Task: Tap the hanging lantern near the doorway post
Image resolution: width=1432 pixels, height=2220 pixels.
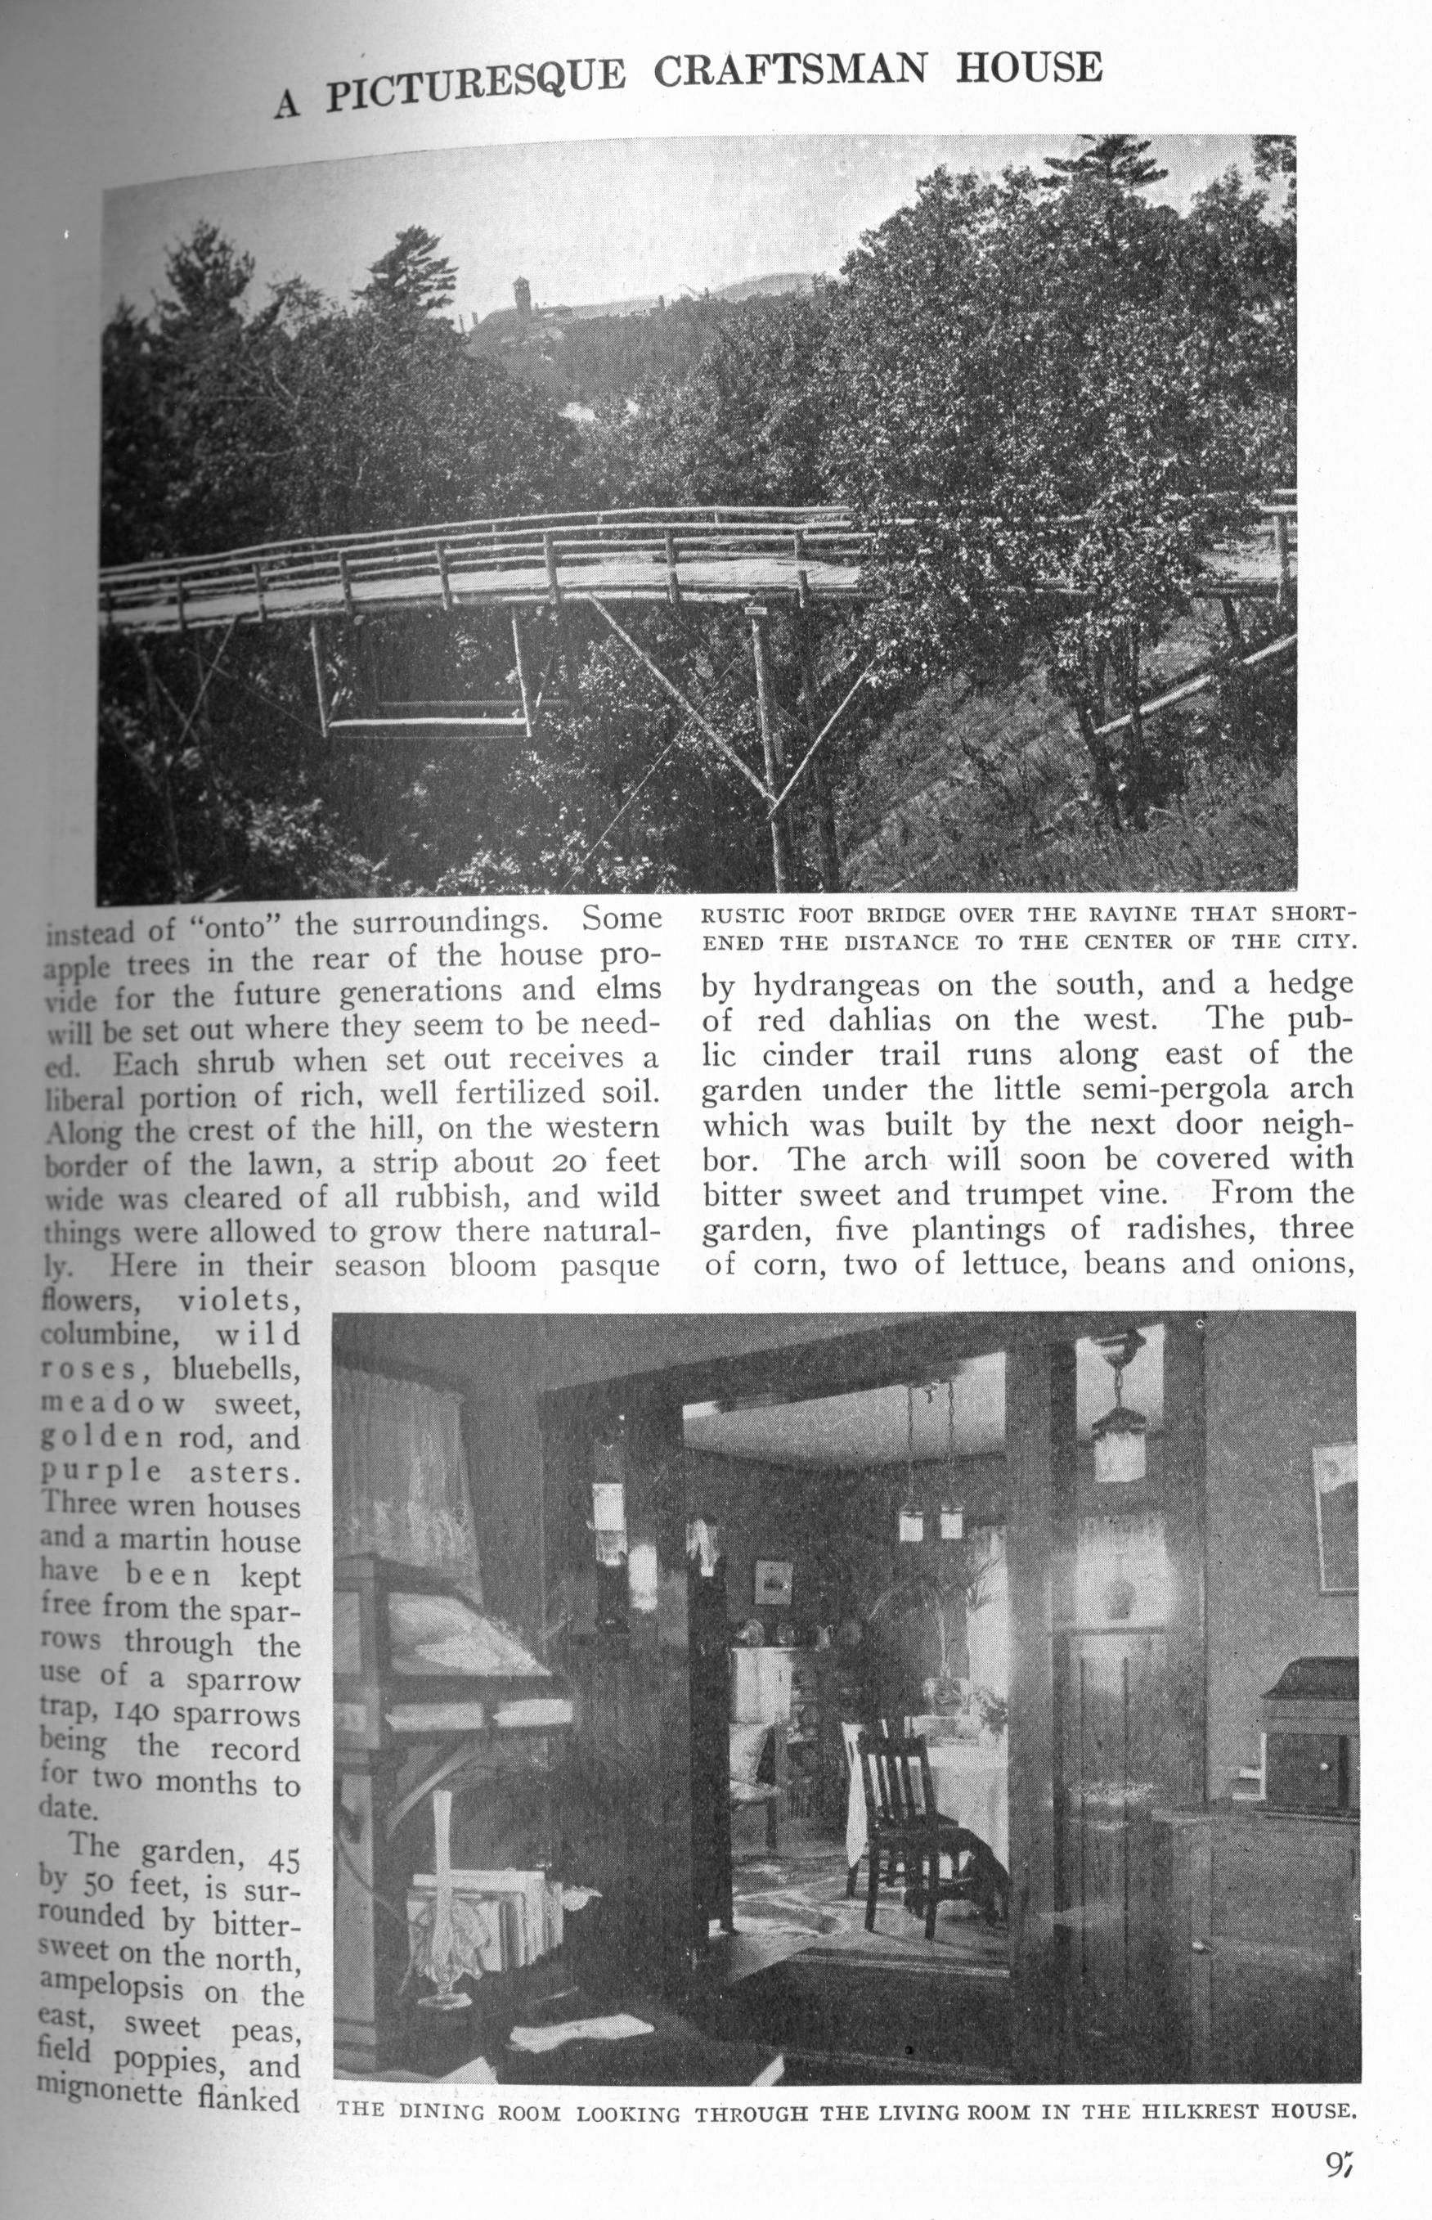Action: click(x=1120, y=1440)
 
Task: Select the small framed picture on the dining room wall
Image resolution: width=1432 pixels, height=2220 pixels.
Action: click(x=773, y=1580)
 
